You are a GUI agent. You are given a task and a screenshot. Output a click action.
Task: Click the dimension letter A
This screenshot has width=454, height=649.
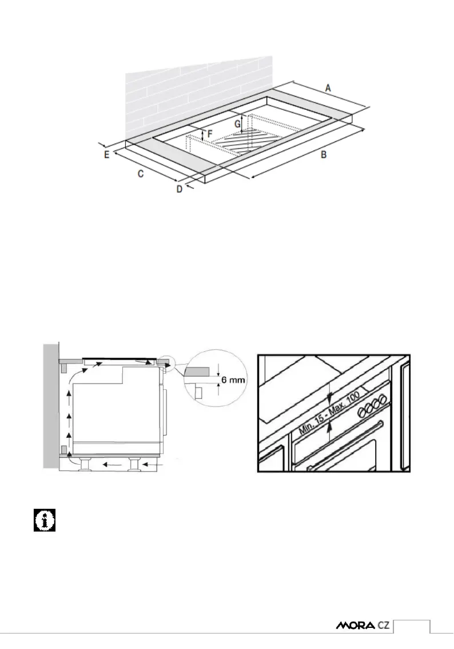(328, 88)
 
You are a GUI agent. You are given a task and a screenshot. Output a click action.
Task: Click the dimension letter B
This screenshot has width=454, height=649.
(323, 155)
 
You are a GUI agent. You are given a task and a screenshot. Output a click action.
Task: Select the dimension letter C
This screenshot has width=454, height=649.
(141, 174)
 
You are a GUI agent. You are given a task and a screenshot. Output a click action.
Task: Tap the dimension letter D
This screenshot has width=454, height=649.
(179, 189)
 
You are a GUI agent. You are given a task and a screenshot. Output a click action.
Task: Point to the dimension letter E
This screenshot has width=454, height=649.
(107, 155)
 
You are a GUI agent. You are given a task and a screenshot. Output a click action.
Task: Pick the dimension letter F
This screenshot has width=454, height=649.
(209, 134)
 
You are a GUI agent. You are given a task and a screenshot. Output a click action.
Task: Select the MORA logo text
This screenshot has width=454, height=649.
(355, 626)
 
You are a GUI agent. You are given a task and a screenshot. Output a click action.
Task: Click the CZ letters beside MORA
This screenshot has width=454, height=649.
(383, 626)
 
